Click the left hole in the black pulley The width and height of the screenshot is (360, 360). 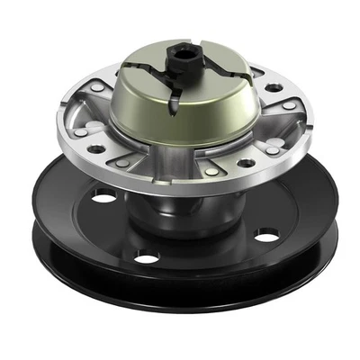point(103,196)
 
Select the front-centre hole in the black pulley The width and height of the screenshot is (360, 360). point(146,257)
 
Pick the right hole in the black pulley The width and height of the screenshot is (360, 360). point(266,236)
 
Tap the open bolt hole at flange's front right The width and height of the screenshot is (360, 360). point(245,164)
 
